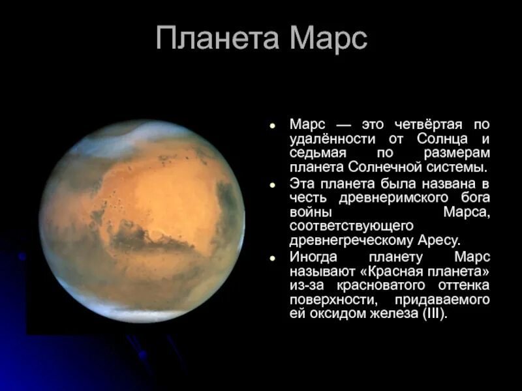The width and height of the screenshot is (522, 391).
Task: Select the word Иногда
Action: [313, 257]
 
